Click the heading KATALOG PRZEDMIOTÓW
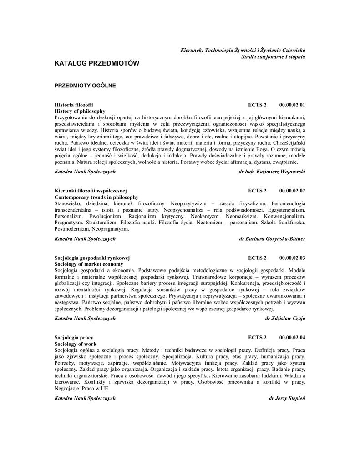click(96, 63)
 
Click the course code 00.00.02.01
click(292, 105)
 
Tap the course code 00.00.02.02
click(292, 191)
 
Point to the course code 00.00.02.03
click(292, 258)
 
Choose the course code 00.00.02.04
click(292, 338)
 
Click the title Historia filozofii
click(74, 105)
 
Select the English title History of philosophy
click(80, 111)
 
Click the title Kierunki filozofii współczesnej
click(90, 191)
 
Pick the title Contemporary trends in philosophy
click(96, 197)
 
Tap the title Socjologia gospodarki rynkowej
click(92, 258)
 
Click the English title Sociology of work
click(76, 344)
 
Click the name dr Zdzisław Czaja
click(285, 319)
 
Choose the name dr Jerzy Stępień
click(287, 398)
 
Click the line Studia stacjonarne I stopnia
click(273, 56)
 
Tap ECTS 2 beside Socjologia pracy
click(258, 338)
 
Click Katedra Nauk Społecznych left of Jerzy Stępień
click(85, 398)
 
